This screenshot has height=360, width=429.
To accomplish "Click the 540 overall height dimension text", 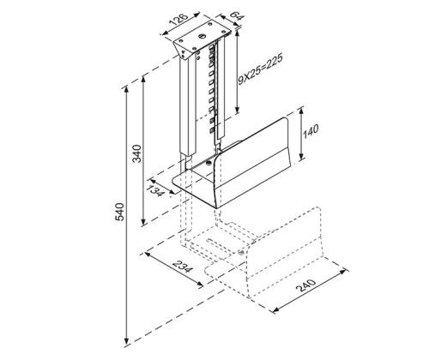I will pyautogui.click(x=119, y=211).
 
